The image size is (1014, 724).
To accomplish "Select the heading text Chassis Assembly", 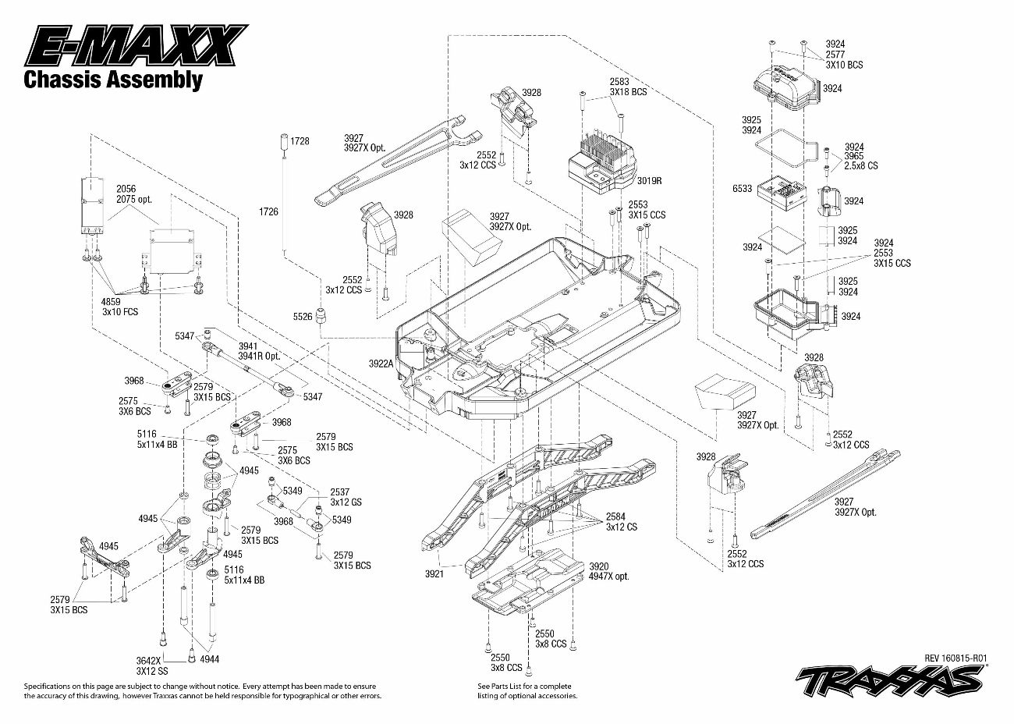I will pos(113,79).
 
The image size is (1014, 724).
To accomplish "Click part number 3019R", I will pos(648,179).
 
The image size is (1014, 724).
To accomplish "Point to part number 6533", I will pos(742,188).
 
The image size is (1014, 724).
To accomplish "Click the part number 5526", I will pos(303,317).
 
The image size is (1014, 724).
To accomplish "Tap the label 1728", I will pos(300,141).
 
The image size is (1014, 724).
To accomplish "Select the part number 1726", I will pos(268,211).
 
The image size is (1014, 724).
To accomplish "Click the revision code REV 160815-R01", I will pos(956,658).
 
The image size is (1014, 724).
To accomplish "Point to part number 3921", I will pos(434,573).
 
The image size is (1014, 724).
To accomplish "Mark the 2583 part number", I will pos(619,82).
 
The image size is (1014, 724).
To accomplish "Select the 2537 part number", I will pos(340,492).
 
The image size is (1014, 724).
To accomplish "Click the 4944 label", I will pos(209,659).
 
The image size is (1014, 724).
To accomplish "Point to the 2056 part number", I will pos(126,189).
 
